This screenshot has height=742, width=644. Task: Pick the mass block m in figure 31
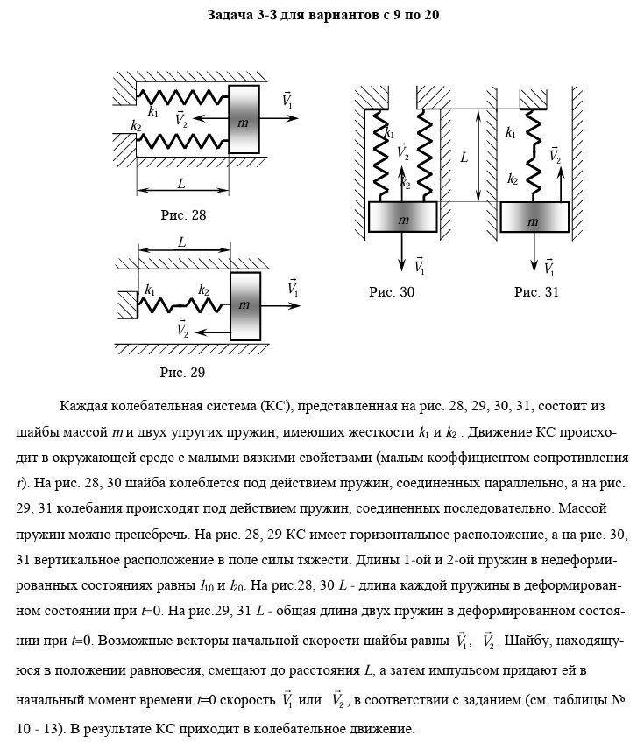pos(534,218)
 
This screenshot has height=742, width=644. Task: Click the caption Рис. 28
pos(183,214)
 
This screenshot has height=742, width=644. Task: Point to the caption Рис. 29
pos(182,372)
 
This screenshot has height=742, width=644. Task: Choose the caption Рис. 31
pos(535,292)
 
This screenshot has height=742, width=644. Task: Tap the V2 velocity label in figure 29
pos(183,330)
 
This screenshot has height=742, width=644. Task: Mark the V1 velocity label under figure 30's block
pos(419,266)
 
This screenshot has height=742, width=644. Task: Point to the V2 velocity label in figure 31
pos(556,156)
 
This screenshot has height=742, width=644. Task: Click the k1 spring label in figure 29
pos(151,290)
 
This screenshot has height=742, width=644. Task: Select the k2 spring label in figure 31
pos(512,179)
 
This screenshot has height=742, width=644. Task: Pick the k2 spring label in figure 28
pos(136,126)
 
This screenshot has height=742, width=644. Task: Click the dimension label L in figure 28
pos(181,185)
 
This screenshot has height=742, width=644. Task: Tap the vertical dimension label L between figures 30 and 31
pos(464,158)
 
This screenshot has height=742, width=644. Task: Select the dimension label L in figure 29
pos(181,242)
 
